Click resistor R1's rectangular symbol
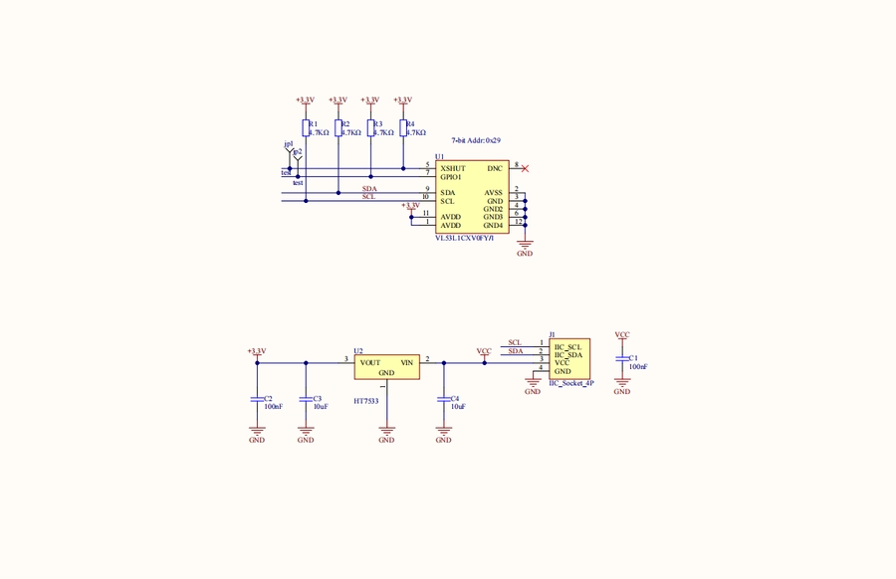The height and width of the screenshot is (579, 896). [306, 128]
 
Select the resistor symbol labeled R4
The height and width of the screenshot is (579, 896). [402, 128]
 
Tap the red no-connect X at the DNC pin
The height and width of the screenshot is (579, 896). [525, 169]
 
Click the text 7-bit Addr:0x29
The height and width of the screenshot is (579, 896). [476, 142]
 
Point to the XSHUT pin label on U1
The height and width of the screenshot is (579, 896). [453, 169]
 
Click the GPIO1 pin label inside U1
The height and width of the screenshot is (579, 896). [452, 177]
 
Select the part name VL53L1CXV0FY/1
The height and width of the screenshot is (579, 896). [464, 239]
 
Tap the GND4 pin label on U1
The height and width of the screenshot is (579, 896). [494, 226]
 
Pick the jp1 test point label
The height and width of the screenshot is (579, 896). [288, 145]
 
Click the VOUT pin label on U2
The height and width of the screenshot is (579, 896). [370, 363]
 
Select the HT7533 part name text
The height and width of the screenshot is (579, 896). [366, 402]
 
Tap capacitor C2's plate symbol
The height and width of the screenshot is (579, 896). [257, 399]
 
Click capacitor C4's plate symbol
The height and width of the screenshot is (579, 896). [444, 399]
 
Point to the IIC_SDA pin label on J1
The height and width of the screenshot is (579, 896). [567, 355]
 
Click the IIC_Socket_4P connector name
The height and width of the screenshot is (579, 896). [571, 383]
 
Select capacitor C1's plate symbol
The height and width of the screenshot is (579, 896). [622, 358]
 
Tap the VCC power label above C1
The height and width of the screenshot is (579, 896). [622, 335]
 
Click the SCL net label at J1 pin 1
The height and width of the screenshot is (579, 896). [515, 343]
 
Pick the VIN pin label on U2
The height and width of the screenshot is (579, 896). [406, 363]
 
